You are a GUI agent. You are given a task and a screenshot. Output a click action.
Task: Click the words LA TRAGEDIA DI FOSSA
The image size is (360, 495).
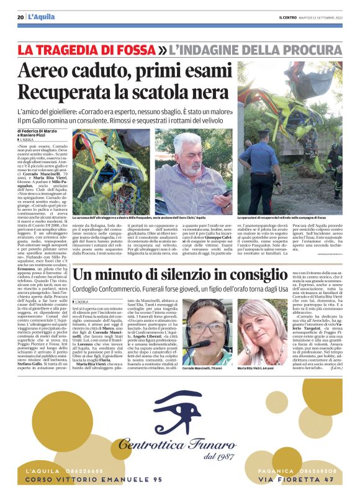(x=86, y=49)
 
